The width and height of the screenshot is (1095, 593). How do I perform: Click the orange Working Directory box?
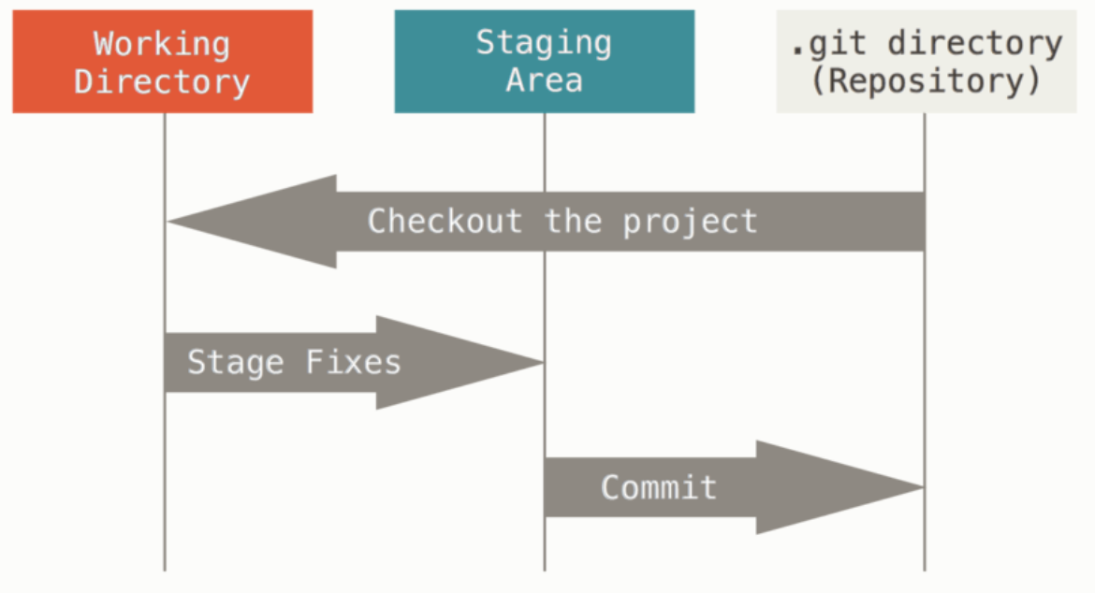(x=162, y=62)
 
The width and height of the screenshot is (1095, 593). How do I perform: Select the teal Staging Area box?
(x=544, y=62)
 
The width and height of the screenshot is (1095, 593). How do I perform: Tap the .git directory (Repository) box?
(x=925, y=62)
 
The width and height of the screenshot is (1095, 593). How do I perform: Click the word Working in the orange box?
(x=162, y=43)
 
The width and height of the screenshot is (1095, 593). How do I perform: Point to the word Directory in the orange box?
(x=162, y=81)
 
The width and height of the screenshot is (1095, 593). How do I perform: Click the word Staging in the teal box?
(x=544, y=43)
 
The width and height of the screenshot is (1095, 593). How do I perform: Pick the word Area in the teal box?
(x=544, y=80)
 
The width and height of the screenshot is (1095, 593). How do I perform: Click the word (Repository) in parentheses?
(x=925, y=81)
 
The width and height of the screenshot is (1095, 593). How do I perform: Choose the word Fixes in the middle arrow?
(x=354, y=362)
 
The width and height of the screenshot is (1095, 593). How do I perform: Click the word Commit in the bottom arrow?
(x=659, y=487)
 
